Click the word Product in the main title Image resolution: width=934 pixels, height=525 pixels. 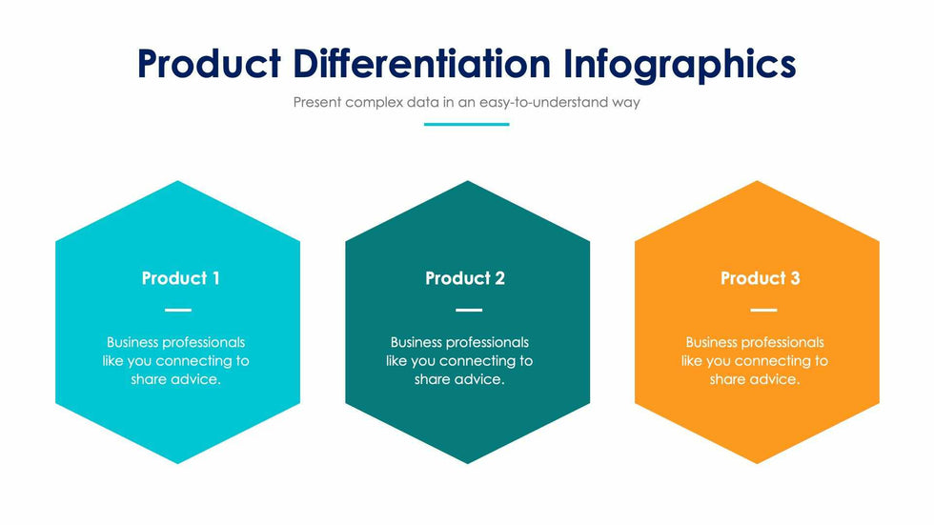point(209,64)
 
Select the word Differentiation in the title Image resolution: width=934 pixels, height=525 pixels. point(421,64)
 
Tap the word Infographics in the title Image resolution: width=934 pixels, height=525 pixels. point(680,66)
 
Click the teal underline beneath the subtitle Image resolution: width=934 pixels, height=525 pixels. point(466,125)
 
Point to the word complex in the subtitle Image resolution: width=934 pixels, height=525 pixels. point(374,103)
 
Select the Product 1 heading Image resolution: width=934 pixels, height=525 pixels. point(180,278)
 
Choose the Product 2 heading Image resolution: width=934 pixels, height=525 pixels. point(465,278)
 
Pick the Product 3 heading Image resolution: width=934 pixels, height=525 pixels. point(761,278)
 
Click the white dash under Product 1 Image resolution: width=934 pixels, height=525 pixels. point(178,310)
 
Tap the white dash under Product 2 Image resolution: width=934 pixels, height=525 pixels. point(469,310)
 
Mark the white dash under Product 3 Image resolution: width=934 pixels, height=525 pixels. point(763,310)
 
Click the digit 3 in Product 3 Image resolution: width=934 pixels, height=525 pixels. point(795,278)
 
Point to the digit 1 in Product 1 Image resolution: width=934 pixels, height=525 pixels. point(215,278)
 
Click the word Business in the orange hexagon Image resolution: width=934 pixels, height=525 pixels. point(712,342)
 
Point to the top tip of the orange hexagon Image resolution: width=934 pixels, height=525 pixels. point(757,181)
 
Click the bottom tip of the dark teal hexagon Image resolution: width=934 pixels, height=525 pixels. point(468,464)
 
